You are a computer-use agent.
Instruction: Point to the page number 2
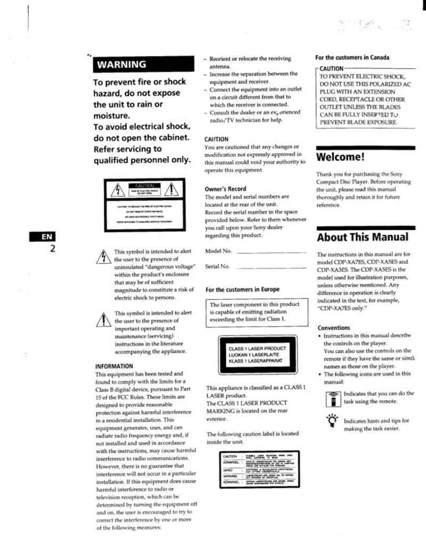point(52,248)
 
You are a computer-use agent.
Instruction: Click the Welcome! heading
point(341,157)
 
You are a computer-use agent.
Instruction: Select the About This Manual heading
point(363,237)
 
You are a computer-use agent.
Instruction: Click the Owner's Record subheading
point(225,189)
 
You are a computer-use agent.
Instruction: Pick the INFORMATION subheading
point(114,366)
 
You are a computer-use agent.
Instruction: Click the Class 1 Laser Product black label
point(257,355)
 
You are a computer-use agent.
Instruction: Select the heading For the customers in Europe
point(242,289)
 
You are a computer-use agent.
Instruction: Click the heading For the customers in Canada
point(352,57)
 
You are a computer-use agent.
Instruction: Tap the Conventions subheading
point(333,328)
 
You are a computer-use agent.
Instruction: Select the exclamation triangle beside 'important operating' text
point(102,318)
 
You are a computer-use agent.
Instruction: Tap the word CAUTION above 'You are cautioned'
point(217,139)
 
